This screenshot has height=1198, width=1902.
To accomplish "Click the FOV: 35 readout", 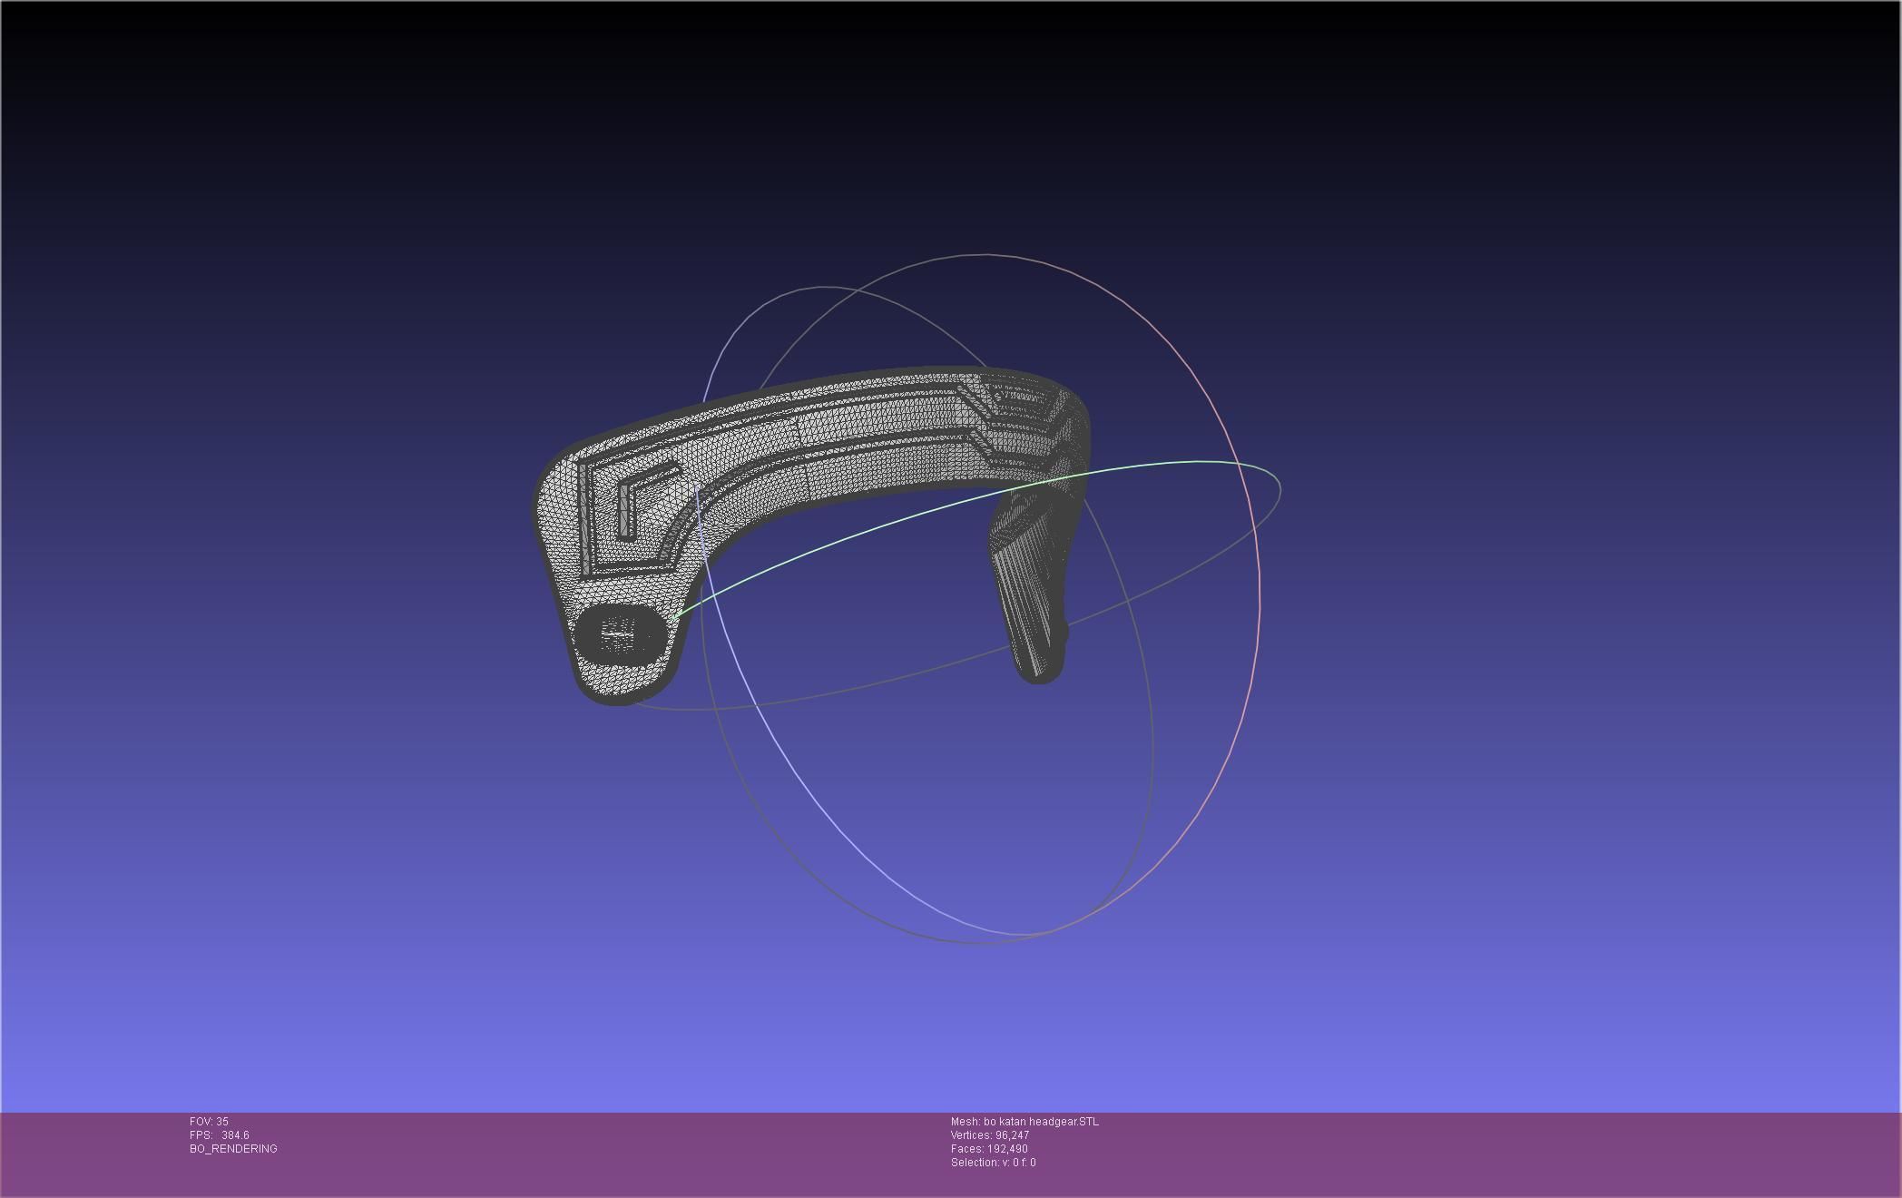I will pos(209,1122).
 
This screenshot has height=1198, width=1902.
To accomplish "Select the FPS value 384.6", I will pos(235,1135).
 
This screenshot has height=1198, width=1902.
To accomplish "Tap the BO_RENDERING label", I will pos(233,1149).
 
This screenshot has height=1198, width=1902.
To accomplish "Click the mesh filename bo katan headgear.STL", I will pos(1041,1122).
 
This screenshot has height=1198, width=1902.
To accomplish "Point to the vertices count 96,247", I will pos(1012,1135).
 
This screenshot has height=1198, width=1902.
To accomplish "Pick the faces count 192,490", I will pos(1007,1149).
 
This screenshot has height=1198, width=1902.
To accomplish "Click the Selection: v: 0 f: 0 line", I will pos(993,1163).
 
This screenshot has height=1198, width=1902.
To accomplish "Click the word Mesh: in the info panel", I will pos(965,1122).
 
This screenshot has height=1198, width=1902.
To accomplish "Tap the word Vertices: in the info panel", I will pos(971,1135).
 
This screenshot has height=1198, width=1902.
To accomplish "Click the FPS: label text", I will pos(201,1135).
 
